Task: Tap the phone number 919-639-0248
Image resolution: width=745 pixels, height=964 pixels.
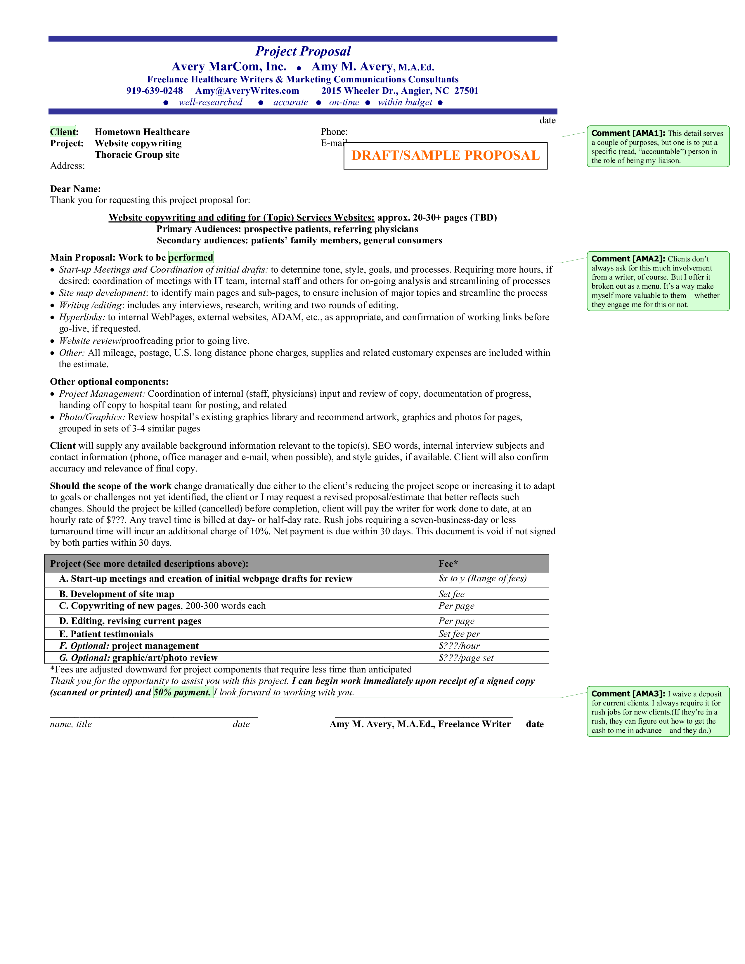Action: pyautogui.click(x=155, y=91)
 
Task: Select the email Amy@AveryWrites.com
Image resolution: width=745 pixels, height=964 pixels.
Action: pyautogui.click(x=247, y=91)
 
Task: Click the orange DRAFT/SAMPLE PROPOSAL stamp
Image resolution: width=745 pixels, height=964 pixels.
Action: pyautogui.click(x=445, y=155)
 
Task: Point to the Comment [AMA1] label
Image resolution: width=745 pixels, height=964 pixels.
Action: pyautogui.click(x=628, y=133)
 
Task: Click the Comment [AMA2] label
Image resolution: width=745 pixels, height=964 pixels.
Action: pyautogui.click(x=628, y=259)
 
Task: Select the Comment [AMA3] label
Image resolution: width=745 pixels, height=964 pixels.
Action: pyautogui.click(x=628, y=694)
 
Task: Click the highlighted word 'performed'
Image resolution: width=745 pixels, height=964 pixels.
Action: pyautogui.click(x=191, y=258)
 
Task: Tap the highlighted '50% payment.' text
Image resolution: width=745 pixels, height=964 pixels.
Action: pyautogui.click(x=182, y=692)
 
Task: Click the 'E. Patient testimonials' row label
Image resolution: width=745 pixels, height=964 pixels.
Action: pyautogui.click(x=106, y=634)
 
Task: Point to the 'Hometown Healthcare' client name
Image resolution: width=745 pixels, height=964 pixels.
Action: pyautogui.click(x=142, y=132)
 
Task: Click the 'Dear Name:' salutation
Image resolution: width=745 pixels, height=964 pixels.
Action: pyautogui.click(x=75, y=189)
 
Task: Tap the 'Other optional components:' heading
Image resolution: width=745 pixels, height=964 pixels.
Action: pyautogui.click(x=109, y=382)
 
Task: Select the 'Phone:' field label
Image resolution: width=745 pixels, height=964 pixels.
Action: pyautogui.click(x=334, y=131)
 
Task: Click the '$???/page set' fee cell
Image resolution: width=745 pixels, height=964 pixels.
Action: pyautogui.click(x=466, y=658)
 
